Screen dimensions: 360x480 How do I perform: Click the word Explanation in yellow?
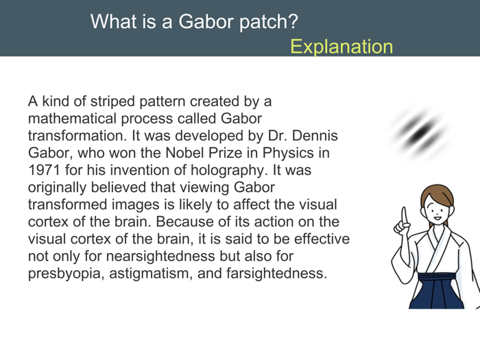tap(341, 47)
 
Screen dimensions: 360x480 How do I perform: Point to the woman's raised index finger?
tap(405, 213)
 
